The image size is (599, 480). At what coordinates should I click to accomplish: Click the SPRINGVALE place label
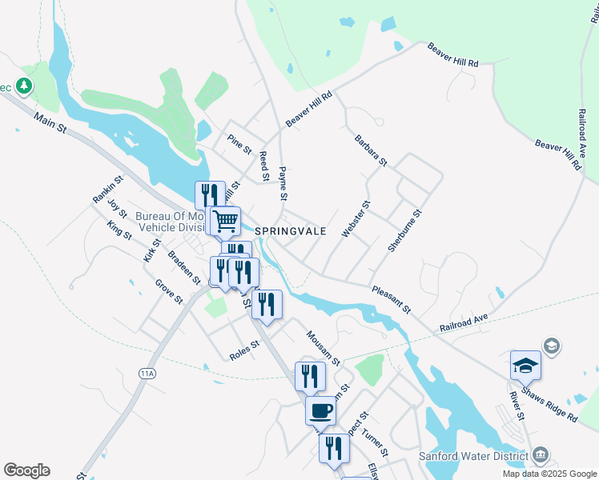[291, 230]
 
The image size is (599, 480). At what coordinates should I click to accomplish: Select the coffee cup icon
[320, 410]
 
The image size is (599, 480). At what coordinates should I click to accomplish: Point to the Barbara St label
[371, 150]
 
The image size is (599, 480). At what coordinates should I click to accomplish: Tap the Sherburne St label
[404, 232]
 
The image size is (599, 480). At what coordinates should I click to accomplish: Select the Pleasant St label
[391, 298]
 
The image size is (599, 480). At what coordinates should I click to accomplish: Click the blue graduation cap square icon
[525, 365]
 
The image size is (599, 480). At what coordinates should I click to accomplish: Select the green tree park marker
[24, 86]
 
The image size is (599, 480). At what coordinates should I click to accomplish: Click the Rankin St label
[107, 189]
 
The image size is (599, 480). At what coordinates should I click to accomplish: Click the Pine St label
[239, 144]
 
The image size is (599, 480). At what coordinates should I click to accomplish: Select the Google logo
[26, 470]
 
